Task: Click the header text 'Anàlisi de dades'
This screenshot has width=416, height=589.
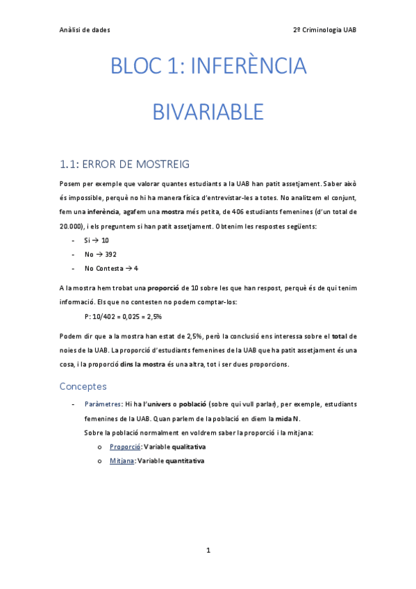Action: tap(85, 30)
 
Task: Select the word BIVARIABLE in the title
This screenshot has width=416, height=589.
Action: tap(208, 111)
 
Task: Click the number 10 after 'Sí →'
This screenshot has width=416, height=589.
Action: tap(105, 240)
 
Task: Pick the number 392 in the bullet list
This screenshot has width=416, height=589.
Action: tap(110, 254)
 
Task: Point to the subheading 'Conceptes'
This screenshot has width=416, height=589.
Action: tap(83, 385)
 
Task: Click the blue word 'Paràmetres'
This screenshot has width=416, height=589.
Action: tap(103, 404)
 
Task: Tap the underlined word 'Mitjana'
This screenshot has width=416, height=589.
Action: tap(122, 461)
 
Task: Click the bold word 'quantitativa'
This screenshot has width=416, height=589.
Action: tap(183, 461)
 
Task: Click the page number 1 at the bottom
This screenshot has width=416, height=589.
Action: tap(208, 551)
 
